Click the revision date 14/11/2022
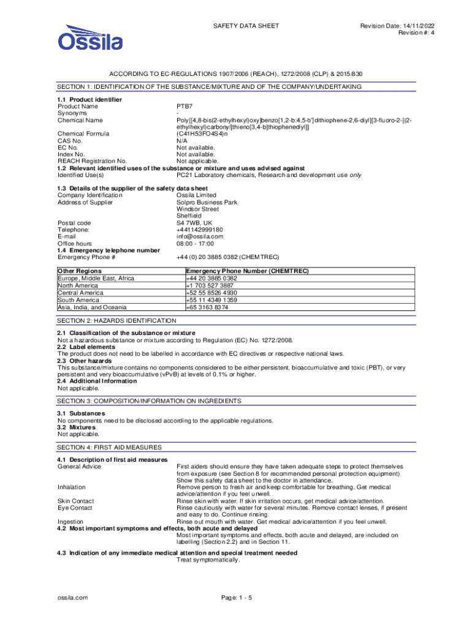point(421,26)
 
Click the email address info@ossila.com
point(200,236)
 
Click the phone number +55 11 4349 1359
point(211,300)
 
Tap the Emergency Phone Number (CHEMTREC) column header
point(247,271)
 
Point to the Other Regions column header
point(80,271)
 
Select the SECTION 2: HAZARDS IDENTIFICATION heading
point(116,321)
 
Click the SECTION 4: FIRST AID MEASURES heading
point(110,448)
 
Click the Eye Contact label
point(75,508)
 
